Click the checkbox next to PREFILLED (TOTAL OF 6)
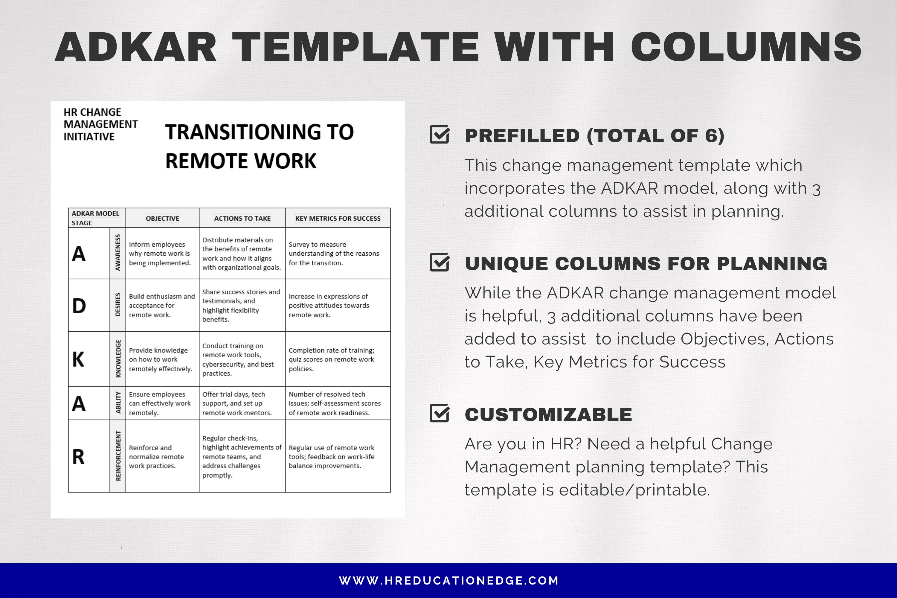tap(439, 134)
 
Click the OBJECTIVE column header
tap(162, 219)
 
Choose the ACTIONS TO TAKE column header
tap(242, 219)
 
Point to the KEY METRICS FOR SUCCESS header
tap(338, 219)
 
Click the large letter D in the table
tap(79, 306)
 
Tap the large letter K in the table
tap(78, 359)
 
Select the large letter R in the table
tap(78, 457)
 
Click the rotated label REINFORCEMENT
tap(118, 456)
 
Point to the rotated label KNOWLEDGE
tap(118, 359)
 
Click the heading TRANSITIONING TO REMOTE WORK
tap(259, 146)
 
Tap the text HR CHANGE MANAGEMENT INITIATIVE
tap(100, 124)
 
